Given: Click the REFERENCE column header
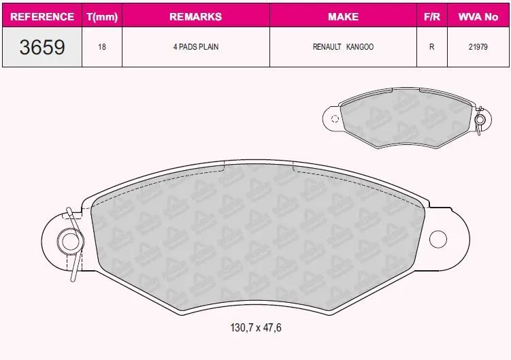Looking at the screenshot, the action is (42, 16).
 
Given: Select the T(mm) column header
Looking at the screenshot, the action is (102, 16).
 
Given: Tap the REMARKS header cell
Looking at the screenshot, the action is (195, 16).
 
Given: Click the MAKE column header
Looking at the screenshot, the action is (343, 16).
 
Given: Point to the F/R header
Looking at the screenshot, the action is (432, 16).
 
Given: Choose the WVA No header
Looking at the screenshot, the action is (478, 16).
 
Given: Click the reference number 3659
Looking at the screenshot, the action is (42, 47).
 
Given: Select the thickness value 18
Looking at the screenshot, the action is (102, 47).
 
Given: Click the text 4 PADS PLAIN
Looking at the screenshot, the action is (196, 47).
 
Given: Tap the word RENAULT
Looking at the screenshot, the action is (327, 47).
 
